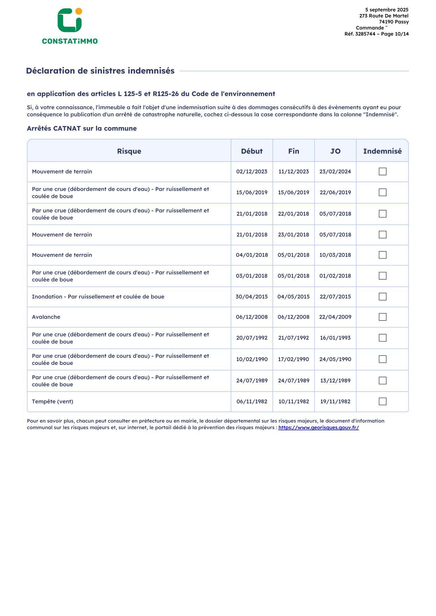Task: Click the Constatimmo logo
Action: pos(70,26)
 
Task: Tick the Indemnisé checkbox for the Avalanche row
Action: pos(383,317)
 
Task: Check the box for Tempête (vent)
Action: pos(383,401)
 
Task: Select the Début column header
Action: pos(252,151)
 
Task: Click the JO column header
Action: pos(335,151)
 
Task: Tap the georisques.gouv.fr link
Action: pos(319,427)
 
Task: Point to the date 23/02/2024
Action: pos(335,172)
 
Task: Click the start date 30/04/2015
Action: pos(252,297)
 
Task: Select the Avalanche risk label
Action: pos(46,317)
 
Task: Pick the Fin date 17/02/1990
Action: pos(294,359)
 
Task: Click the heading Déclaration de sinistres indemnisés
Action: pos(100,71)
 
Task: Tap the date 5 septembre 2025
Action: pos(387,10)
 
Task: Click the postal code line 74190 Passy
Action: pos(394,22)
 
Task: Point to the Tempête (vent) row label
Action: pos(53,401)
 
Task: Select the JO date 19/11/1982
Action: pos(335,401)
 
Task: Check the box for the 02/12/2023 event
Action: pos(383,172)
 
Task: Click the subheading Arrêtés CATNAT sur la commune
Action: pos(82,129)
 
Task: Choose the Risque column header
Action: pos(129,151)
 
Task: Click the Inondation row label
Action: pos(98,297)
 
